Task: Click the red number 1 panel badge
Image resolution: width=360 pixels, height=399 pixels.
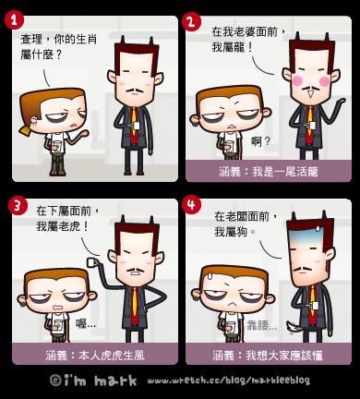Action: click(14, 21)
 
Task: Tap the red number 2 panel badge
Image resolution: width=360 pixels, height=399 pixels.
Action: click(191, 22)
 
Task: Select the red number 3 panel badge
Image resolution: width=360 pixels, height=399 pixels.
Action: click(17, 206)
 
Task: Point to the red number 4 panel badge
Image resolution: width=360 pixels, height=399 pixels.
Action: click(191, 204)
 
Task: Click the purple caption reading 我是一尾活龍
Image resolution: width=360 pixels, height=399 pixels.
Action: click(269, 172)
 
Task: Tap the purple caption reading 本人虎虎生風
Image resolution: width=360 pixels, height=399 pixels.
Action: click(95, 356)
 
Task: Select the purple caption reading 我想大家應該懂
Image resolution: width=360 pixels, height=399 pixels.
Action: click(268, 356)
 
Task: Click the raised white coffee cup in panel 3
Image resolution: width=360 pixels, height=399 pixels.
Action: click(92, 262)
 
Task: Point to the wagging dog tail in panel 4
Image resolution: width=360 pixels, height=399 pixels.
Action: click(293, 327)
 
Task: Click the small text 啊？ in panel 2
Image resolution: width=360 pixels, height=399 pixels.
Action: click(260, 141)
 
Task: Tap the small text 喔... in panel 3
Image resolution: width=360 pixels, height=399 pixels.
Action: click(86, 324)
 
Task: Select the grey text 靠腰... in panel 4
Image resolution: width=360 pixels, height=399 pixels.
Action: click(262, 325)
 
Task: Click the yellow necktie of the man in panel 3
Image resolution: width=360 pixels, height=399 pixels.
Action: click(135, 301)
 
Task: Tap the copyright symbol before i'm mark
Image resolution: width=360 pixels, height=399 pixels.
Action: click(55, 380)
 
